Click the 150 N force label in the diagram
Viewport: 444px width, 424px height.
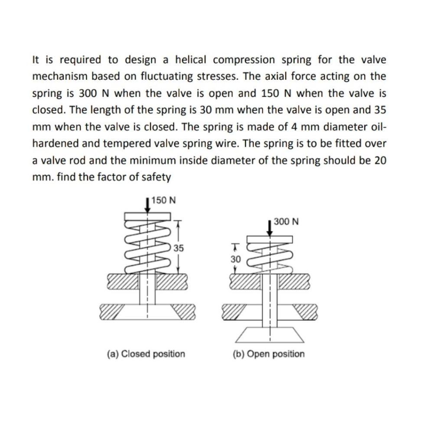tap(164, 200)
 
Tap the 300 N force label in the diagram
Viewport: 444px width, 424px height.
tap(286, 221)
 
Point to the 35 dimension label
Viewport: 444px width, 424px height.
tap(179, 249)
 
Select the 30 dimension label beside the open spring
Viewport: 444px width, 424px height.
tap(235, 259)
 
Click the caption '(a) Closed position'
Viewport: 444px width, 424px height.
tap(146, 354)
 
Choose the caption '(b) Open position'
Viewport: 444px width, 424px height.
tap(269, 354)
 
